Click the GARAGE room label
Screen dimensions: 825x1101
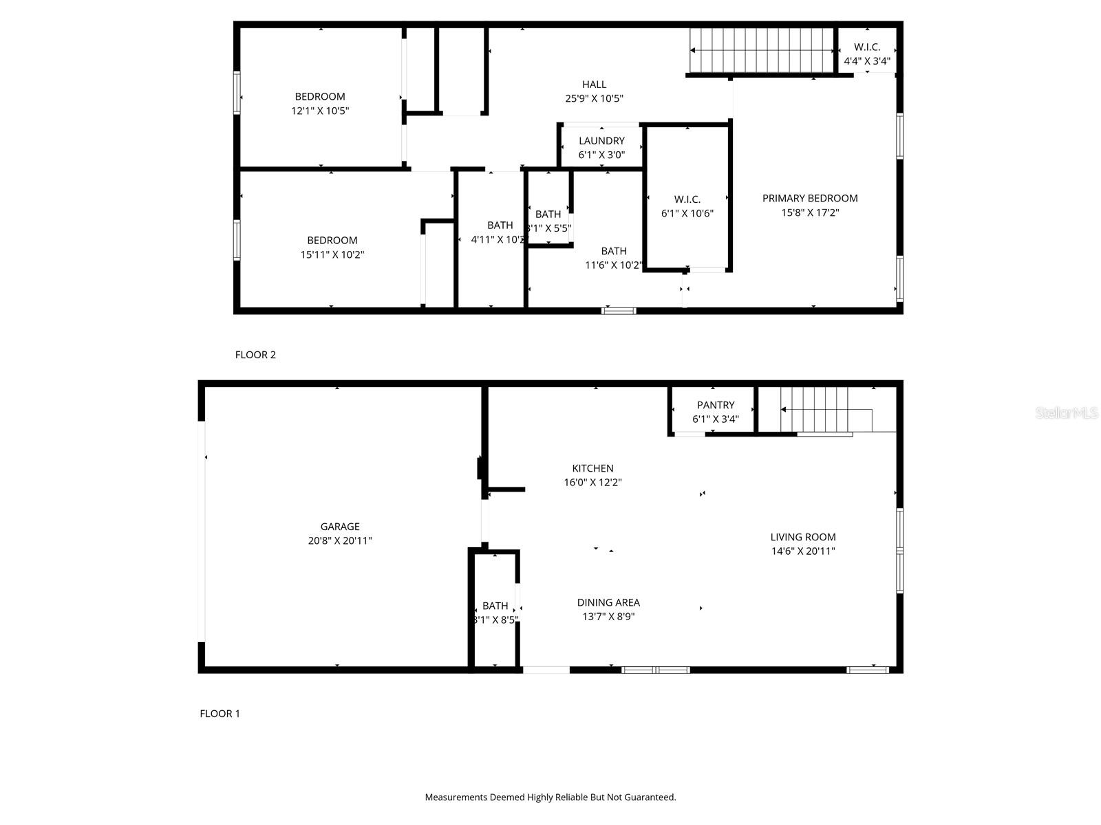pyautogui.click(x=339, y=527)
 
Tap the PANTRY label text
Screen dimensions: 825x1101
pyautogui.click(x=716, y=405)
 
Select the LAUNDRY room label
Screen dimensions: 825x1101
pyautogui.click(x=601, y=141)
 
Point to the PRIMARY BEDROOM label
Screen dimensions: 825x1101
pyautogui.click(x=810, y=198)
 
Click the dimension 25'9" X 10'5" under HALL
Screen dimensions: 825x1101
pyautogui.click(x=594, y=98)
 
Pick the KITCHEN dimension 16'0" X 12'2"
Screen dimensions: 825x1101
pyautogui.click(x=592, y=483)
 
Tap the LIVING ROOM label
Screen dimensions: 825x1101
pyautogui.click(x=803, y=537)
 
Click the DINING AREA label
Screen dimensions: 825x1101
pyautogui.click(x=608, y=602)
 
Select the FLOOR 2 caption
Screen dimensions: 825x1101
pyautogui.click(x=255, y=355)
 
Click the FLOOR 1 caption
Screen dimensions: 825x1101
pyautogui.click(x=220, y=714)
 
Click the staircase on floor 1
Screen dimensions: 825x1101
pyautogui.click(x=826, y=409)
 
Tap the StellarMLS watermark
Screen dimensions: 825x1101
pyautogui.click(x=1067, y=412)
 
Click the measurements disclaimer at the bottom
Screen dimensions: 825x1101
pyautogui.click(x=550, y=797)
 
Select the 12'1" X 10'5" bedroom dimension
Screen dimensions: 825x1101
pyautogui.click(x=320, y=111)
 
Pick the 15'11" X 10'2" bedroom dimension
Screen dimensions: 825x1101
pyautogui.click(x=332, y=254)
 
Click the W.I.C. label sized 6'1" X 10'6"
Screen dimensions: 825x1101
pyautogui.click(x=687, y=199)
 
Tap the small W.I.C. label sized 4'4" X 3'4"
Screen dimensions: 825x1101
pyautogui.click(x=867, y=47)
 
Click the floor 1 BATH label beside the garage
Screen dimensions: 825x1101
pyautogui.click(x=495, y=606)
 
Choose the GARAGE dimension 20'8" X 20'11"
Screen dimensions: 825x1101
pyautogui.click(x=339, y=541)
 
